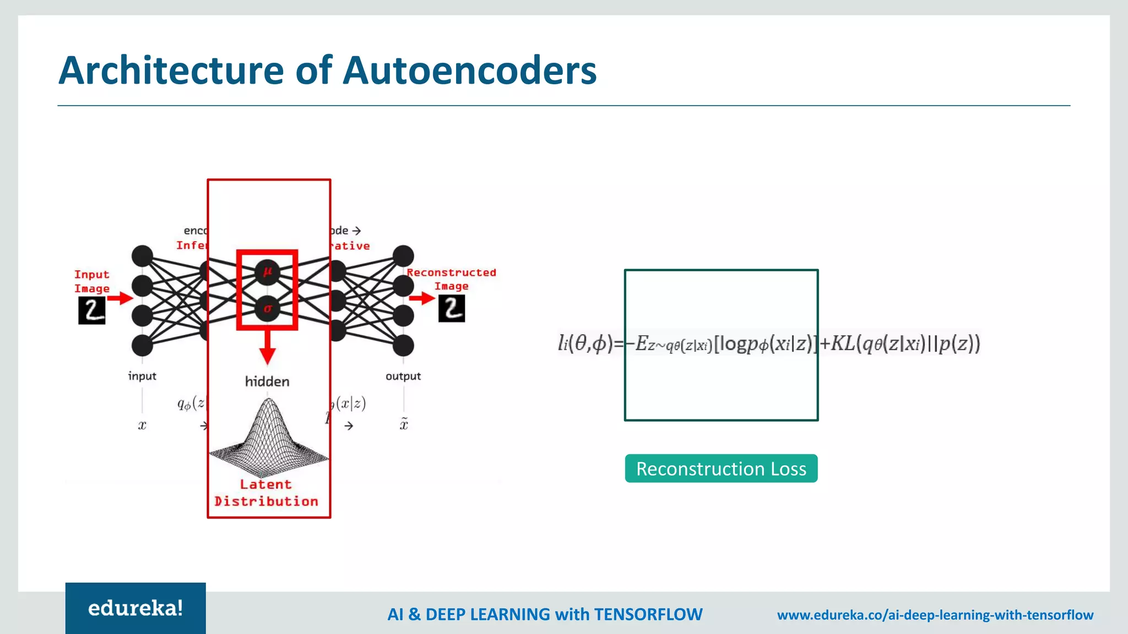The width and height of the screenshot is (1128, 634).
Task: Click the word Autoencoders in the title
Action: pos(469,70)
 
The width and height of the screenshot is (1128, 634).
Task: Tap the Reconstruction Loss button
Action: pos(721,468)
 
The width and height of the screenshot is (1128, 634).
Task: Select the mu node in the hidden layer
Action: pos(267,271)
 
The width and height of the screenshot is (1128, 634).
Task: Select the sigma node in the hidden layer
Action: pos(267,309)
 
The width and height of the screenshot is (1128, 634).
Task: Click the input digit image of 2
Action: pos(91,310)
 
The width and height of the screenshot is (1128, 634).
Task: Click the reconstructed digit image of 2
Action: pos(452,308)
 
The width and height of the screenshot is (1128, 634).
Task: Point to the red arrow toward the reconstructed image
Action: pos(422,298)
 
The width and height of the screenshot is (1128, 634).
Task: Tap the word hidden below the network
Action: pos(267,381)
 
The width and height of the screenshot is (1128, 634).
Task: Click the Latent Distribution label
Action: pos(266,493)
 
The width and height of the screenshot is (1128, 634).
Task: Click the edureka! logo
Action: pos(135,608)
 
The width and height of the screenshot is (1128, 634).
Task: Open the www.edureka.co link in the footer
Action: pos(935,615)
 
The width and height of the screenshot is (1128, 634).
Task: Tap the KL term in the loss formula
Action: pos(843,343)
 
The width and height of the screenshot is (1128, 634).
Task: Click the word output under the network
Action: pos(403,376)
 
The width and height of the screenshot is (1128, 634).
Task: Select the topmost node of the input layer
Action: pos(142,256)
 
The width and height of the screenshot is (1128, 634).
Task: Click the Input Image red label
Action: pos(92,281)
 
